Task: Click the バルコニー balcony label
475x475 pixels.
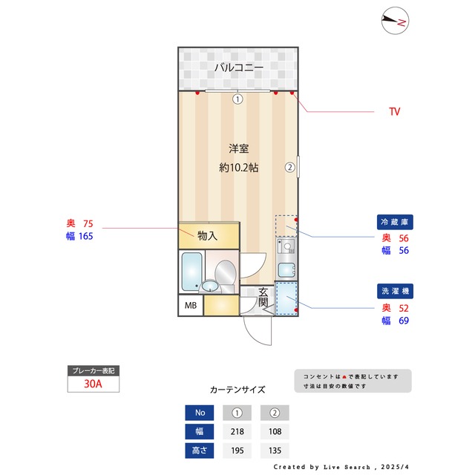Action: [238, 68]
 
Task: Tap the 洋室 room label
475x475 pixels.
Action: [238, 148]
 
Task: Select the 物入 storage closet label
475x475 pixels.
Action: [207, 236]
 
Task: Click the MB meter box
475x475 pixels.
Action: [190, 306]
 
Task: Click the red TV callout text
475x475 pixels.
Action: [395, 112]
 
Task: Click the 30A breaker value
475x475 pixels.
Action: [93, 384]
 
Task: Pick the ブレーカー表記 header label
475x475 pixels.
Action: [93, 370]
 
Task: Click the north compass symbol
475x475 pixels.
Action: [395, 22]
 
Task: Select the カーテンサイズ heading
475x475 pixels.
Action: [237, 390]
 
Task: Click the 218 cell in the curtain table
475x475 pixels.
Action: [237, 431]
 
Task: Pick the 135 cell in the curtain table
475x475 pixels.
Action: [275, 450]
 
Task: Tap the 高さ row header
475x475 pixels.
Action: [199, 450]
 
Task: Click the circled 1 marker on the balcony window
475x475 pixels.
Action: [237, 99]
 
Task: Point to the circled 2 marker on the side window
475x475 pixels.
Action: [290, 168]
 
